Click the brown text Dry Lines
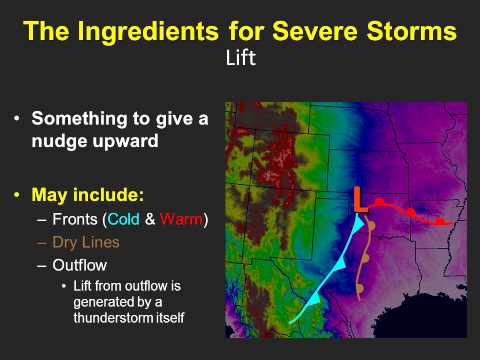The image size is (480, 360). [84, 242]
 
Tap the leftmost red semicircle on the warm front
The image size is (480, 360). [380, 203]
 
